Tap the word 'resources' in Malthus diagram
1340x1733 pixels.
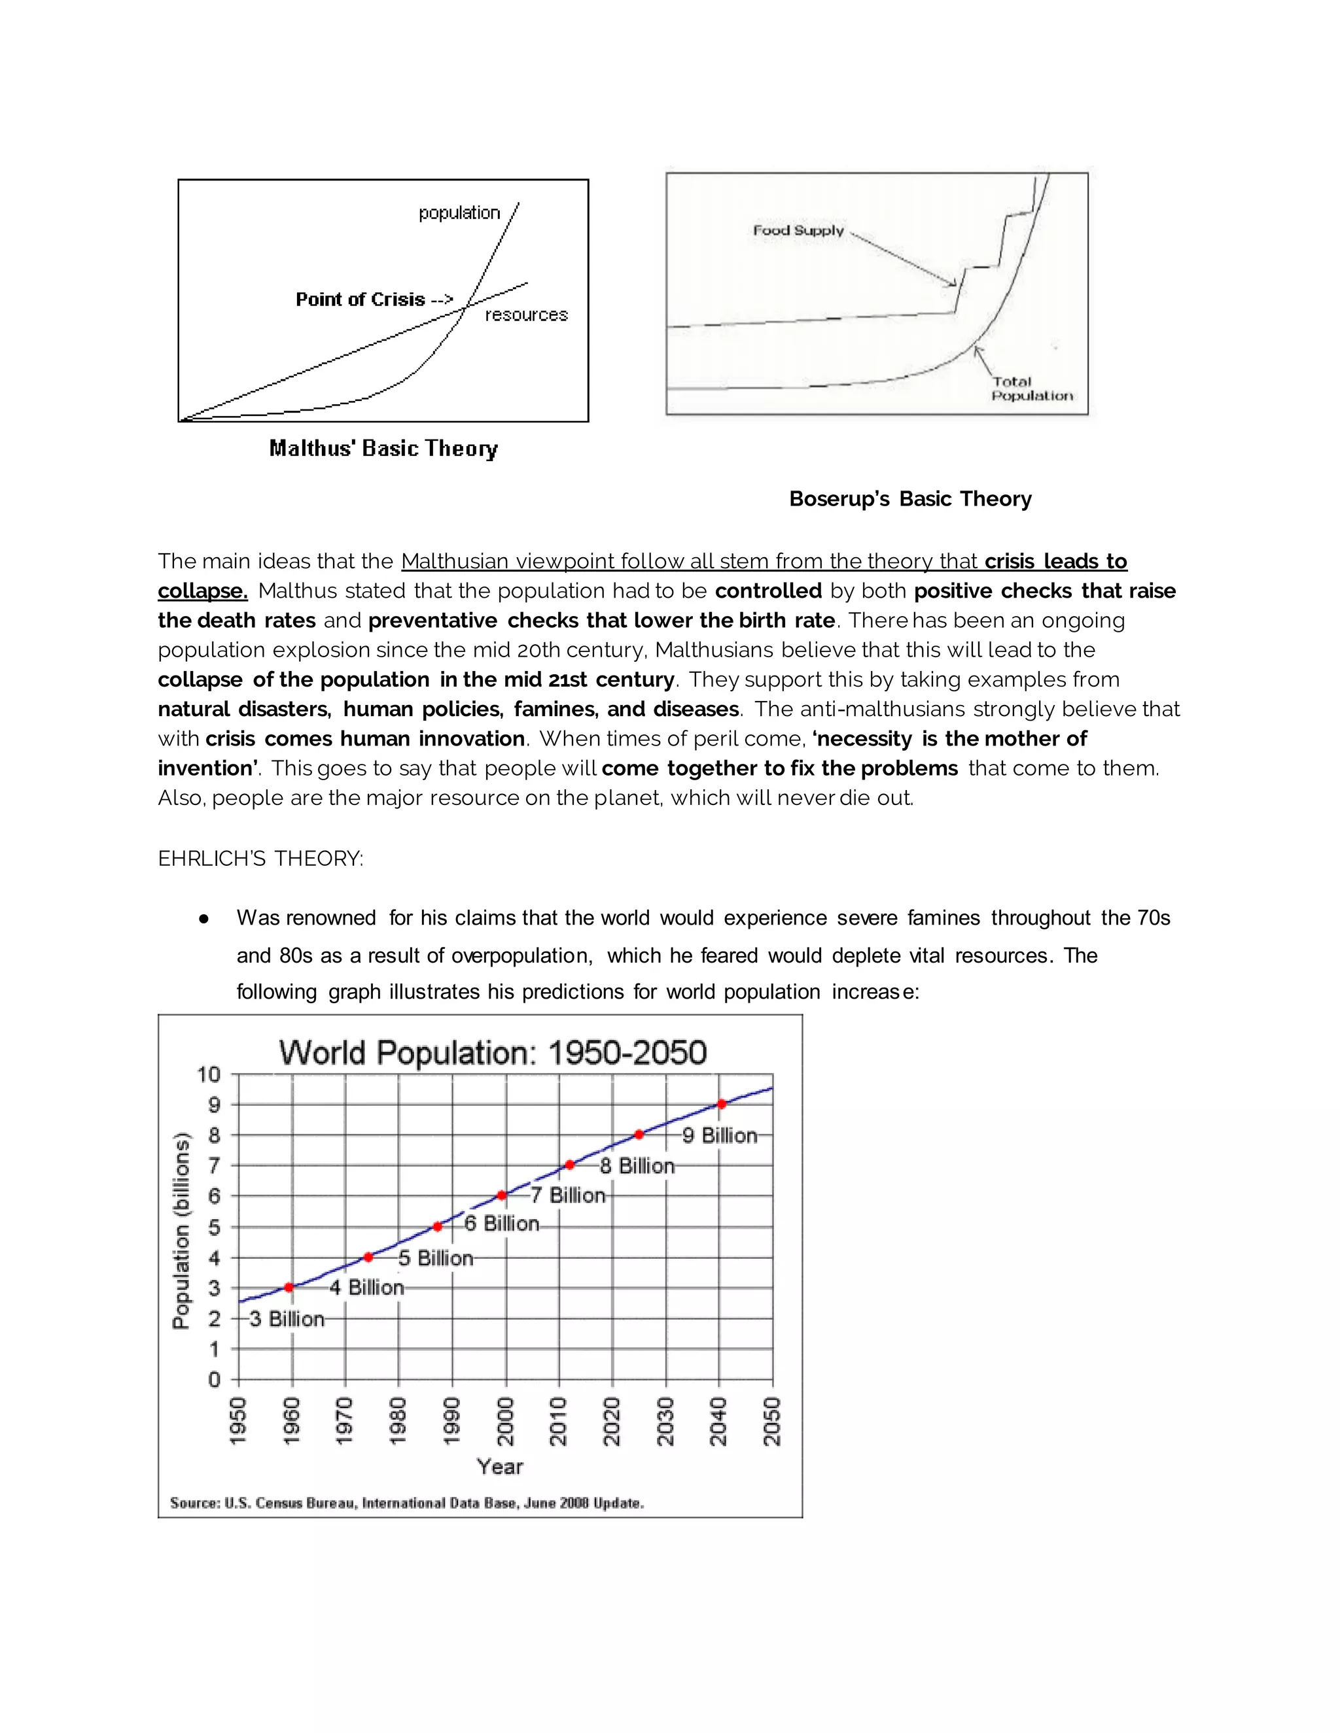(x=526, y=315)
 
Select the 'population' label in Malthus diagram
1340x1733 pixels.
(x=459, y=213)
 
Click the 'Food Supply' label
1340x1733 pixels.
(x=798, y=230)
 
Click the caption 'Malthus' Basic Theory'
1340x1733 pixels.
(x=383, y=449)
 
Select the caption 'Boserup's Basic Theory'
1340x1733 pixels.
(x=909, y=498)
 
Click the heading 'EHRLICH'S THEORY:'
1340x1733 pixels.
(x=260, y=859)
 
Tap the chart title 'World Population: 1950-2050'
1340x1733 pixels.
(x=492, y=1053)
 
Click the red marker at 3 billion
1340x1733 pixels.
(x=289, y=1287)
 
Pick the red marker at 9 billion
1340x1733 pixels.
(x=722, y=1104)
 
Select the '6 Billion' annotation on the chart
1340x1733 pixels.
(x=502, y=1224)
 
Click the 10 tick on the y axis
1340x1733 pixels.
(x=209, y=1074)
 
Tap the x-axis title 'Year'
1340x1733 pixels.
(x=499, y=1466)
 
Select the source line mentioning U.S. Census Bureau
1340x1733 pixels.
(x=406, y=1503)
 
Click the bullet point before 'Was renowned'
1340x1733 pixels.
(x=204, y=919)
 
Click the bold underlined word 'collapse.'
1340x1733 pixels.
(x=202, y=591)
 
